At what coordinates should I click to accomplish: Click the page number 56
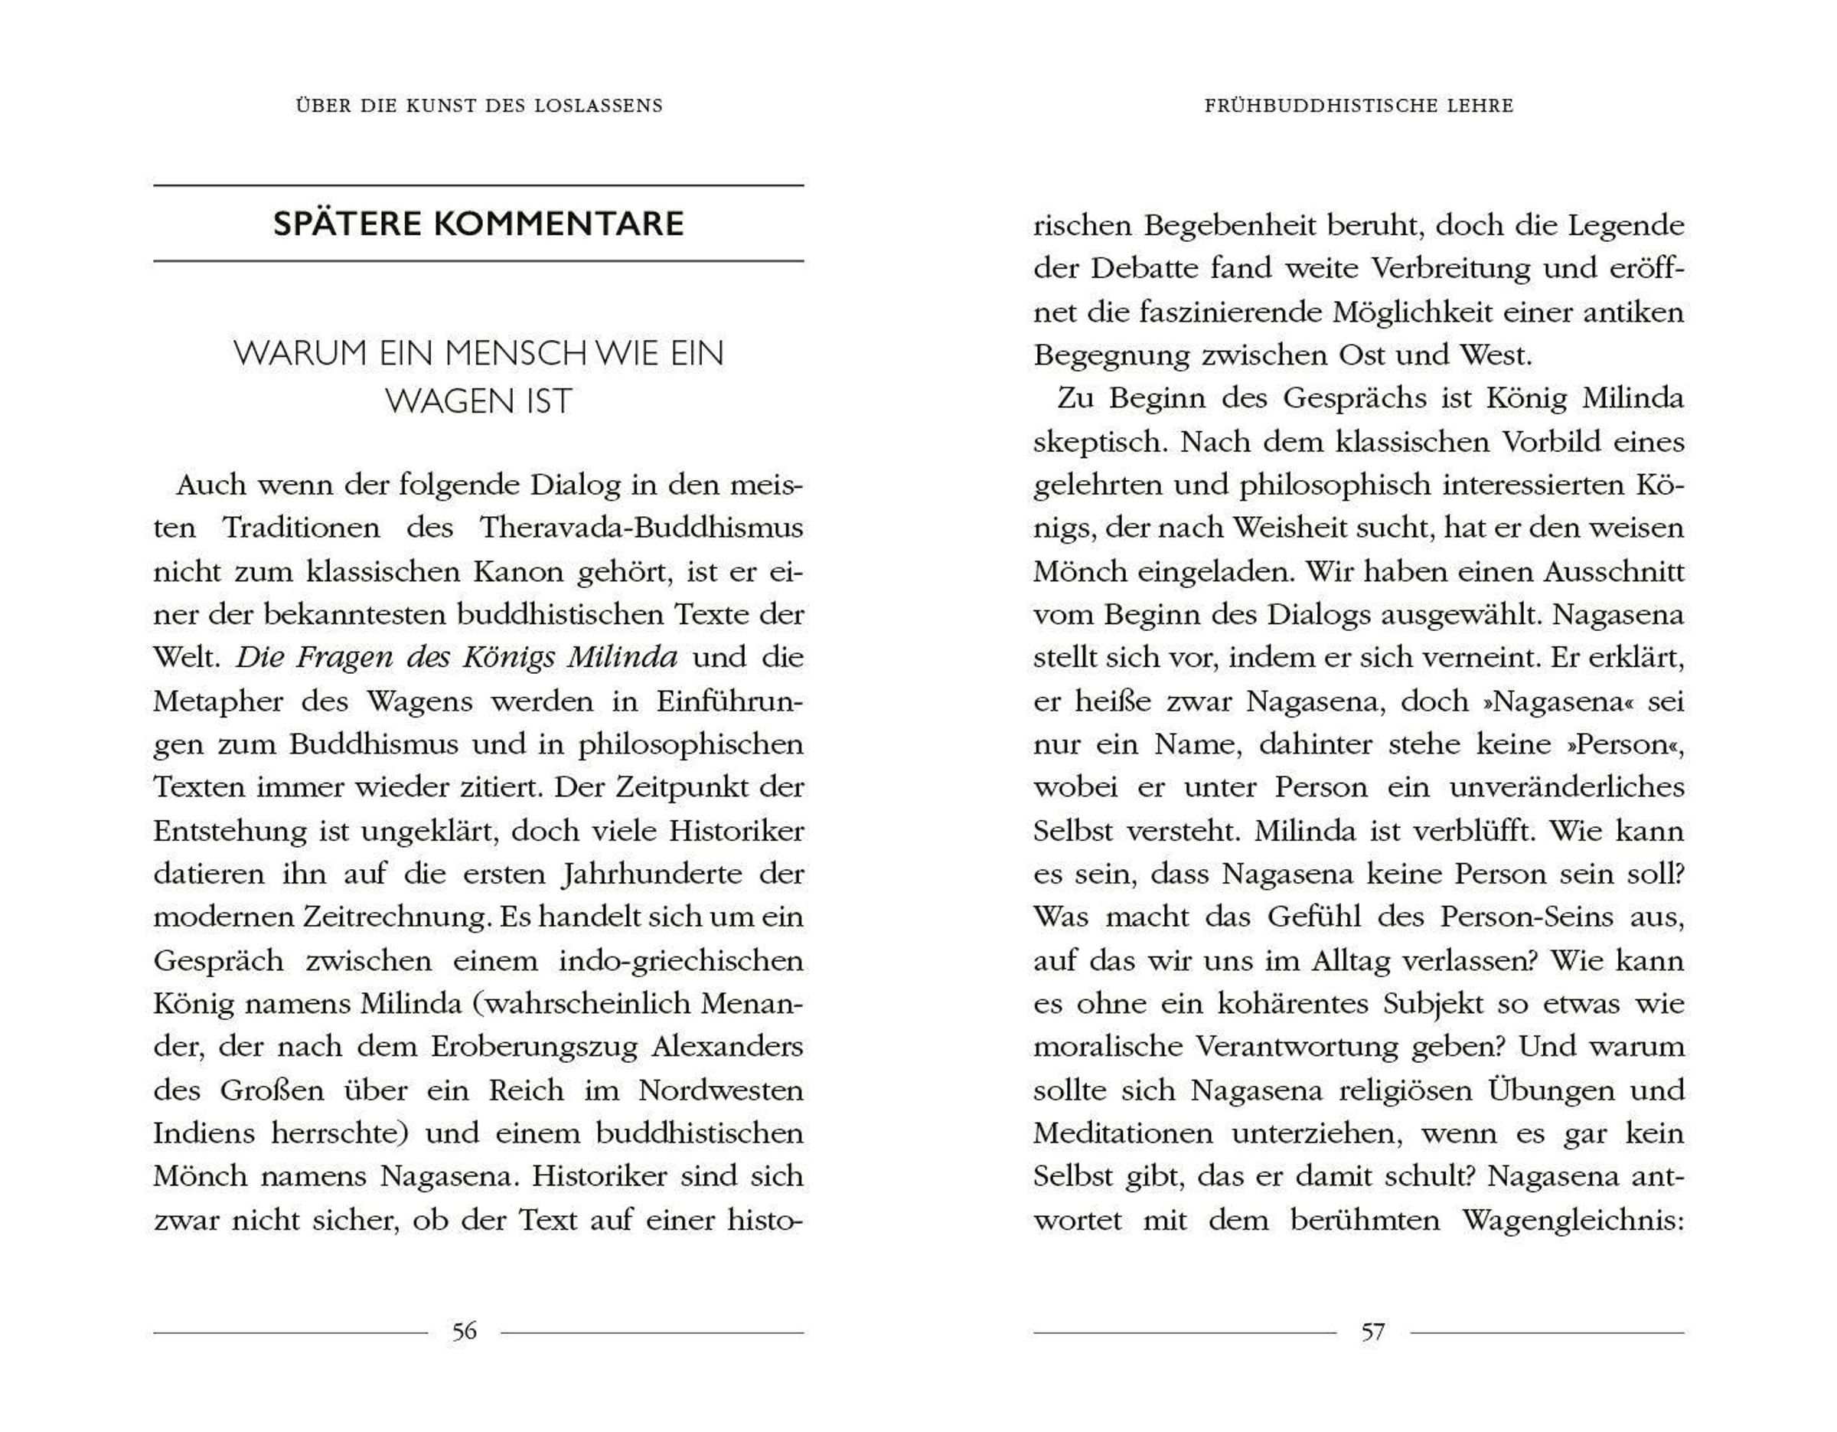click(x=465, y=1331)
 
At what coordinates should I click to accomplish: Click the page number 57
click(x=1372, y=1331)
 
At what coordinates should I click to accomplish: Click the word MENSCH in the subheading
click(x=515, y=353)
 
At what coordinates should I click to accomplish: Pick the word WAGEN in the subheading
click(x=437, y=401)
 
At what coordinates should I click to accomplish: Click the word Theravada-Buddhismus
click(x=641, y=528)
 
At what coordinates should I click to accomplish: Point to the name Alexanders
click(x=728, y=1047)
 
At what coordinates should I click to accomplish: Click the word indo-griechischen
click(x=680, y=961)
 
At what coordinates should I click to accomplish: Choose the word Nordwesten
click(x=721, y=1090)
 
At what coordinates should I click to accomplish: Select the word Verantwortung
click(x=1295, y=1047)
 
